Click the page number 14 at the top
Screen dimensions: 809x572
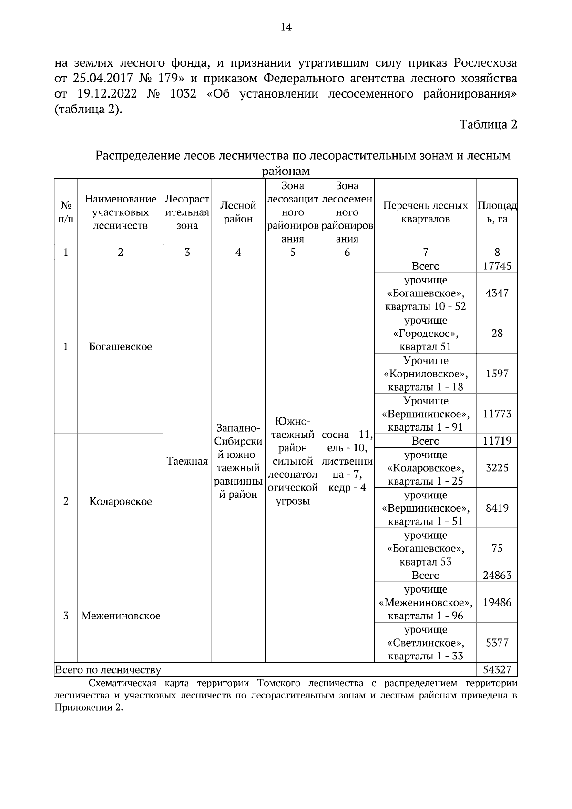point(286,27)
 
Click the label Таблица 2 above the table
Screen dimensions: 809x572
point(488,125)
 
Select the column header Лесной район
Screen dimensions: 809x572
point(238,212)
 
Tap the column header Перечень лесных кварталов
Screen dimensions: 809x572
point(425,212)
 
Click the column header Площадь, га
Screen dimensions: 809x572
point(497,212)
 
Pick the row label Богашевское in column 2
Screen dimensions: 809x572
point(120,347)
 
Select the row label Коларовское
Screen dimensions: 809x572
point(120,502)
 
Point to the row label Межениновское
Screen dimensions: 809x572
point(120,616)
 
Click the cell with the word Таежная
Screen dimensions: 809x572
point(187,461)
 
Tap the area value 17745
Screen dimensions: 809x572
point(497,266)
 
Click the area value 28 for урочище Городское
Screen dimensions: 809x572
point(497,334)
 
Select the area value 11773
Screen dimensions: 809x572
point(497,414)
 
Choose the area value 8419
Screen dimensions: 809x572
point(497,508)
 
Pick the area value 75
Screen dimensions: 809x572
point(497,548)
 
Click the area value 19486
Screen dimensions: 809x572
point(497,603)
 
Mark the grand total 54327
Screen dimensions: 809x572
point(497,670)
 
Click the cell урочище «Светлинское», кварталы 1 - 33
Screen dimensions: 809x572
point(425,643)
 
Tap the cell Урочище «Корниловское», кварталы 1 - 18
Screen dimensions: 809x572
point(425,374)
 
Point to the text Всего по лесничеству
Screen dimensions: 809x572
point(108,670)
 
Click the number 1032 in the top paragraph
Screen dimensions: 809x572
point(183,94)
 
